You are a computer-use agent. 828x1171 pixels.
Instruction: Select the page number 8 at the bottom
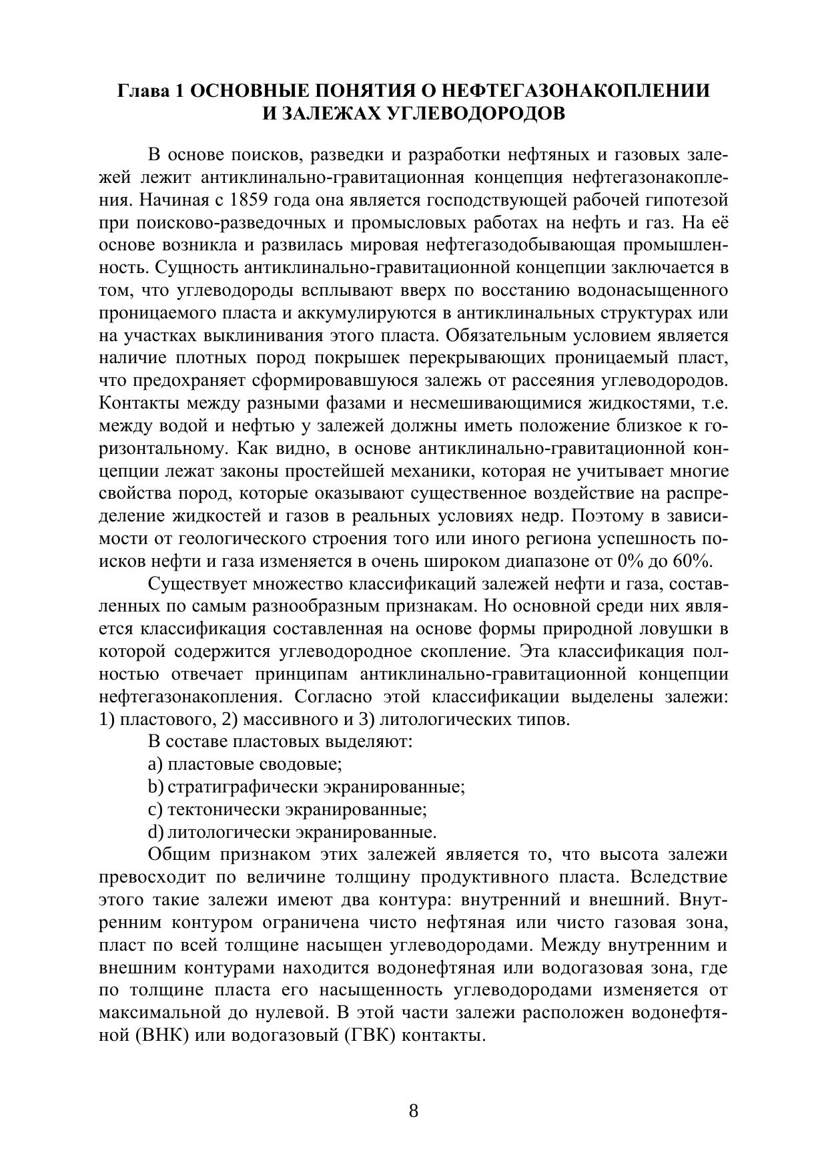click(414, 1111)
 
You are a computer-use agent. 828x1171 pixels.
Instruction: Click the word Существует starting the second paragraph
click(197, 583)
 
